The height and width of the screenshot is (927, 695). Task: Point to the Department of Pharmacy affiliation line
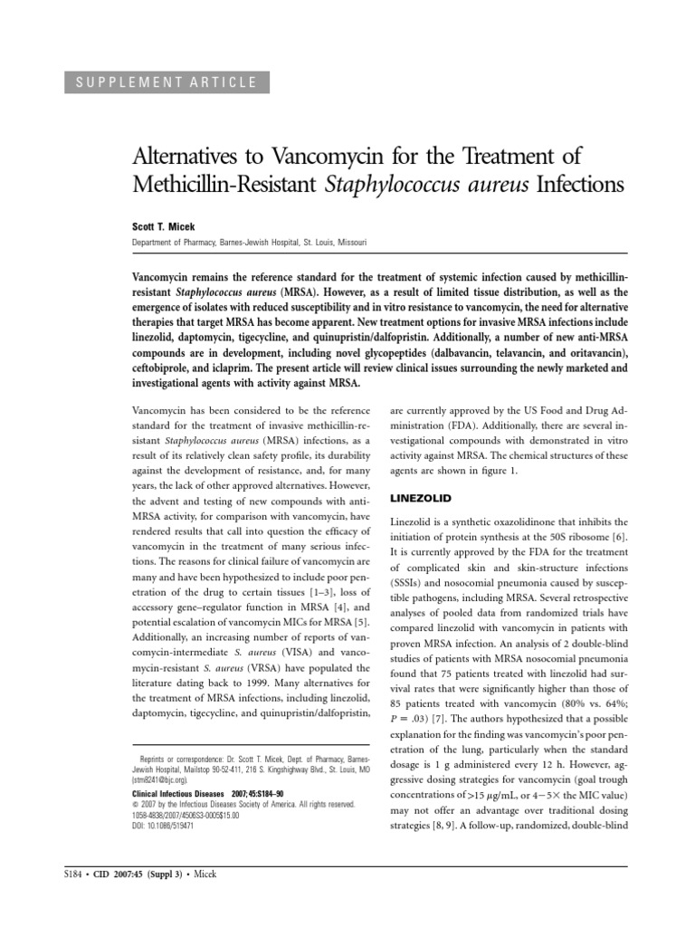pyautogui.click(x=249, y=243)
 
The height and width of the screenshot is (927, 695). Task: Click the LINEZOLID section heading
pyautogui.click(x=421, y=499)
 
